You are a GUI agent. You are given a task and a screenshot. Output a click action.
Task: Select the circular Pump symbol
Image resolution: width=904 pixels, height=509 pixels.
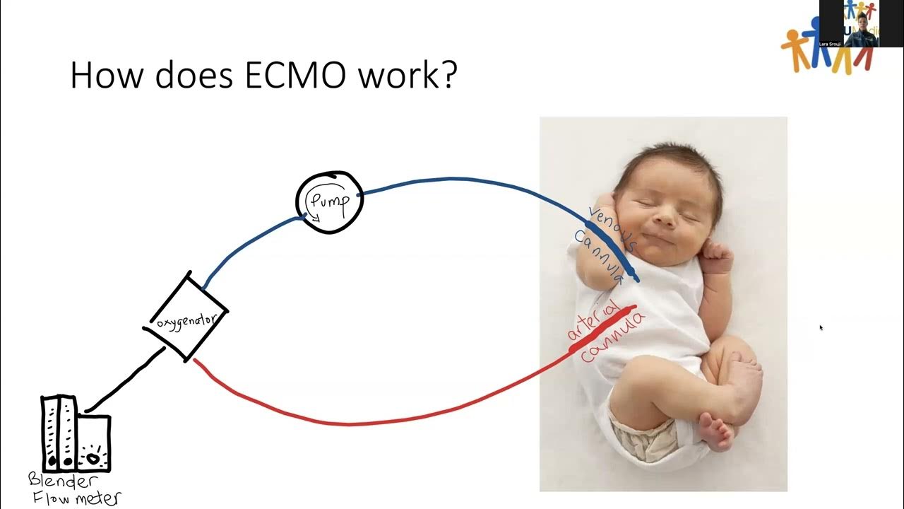(x=329, y=202)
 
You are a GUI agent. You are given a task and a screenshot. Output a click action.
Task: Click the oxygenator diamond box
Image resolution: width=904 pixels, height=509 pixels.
(x=186, y=317)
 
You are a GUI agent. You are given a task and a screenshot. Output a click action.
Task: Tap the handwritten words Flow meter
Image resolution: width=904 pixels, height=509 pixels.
(x=78, y=498)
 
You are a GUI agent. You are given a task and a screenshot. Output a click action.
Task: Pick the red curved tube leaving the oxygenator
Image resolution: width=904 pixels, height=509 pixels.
(x=353, y=422)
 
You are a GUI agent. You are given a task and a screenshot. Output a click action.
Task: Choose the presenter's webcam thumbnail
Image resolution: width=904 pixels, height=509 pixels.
(x=861, y=23)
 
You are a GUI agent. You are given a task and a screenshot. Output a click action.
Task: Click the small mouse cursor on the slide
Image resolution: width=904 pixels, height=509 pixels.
(x=821, y=328)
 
